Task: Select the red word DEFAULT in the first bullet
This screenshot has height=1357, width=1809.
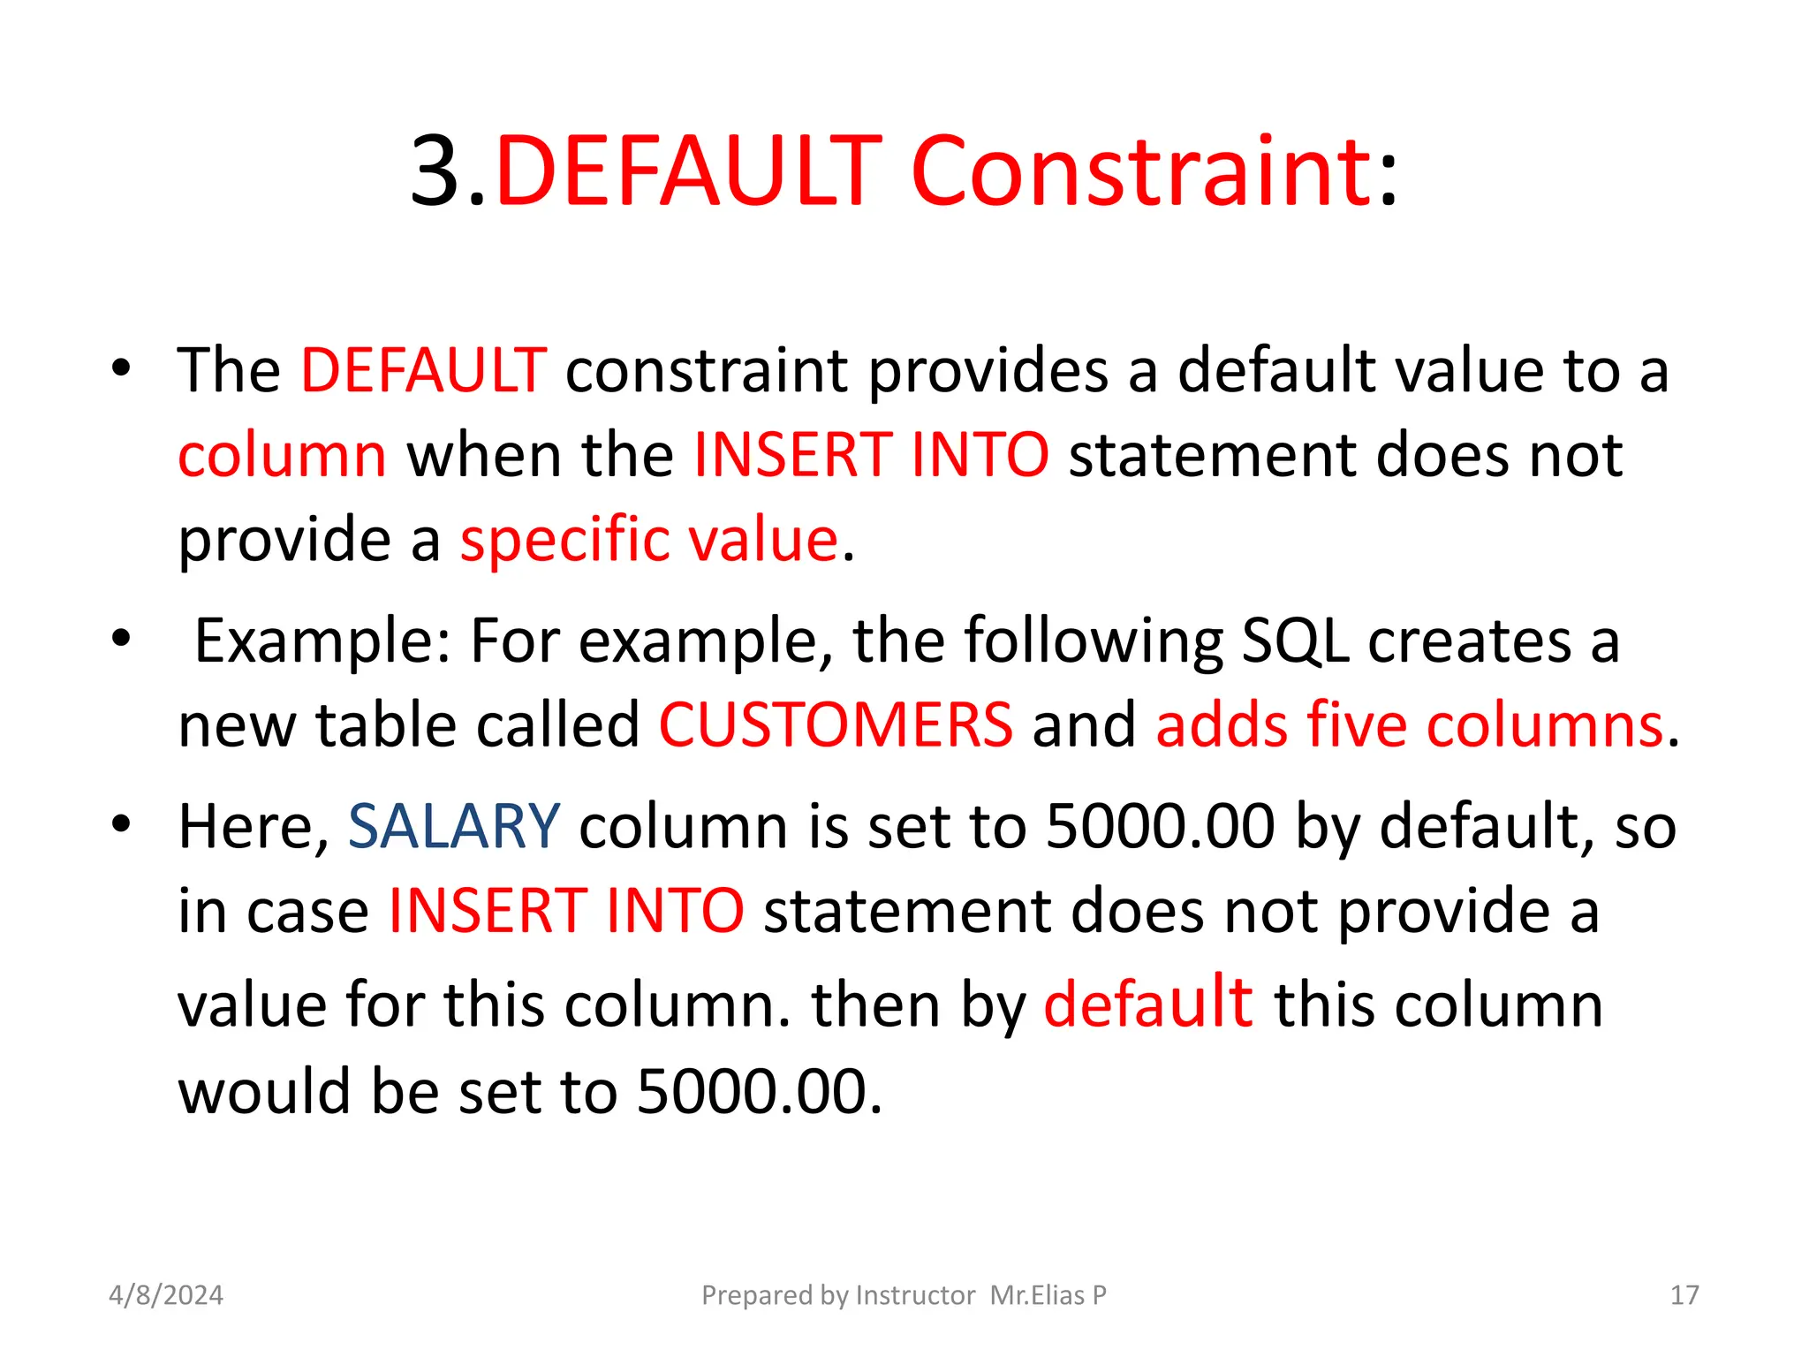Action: tap(424, 369)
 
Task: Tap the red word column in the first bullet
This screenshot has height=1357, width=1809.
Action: tap(282, 456)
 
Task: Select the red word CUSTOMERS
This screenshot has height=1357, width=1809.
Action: tap(836, 724)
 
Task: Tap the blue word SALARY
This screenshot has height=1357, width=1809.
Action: tap(454, 827)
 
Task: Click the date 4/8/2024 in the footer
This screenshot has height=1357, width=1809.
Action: tap(166, 1295)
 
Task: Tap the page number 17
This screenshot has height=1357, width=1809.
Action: tap(1684, 1295)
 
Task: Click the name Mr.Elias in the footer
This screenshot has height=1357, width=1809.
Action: tap(1037, 1295)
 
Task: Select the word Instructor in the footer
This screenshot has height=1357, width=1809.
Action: tap(915, 1295)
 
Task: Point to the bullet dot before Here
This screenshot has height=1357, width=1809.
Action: tap(121, 823)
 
